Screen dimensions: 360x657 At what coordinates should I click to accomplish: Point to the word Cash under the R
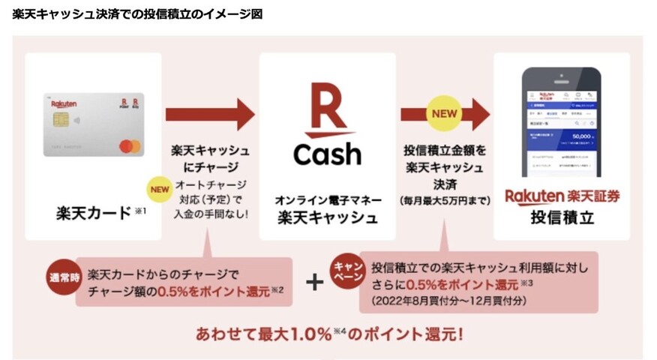(x=327, y=154)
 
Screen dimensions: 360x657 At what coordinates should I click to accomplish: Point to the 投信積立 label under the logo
(x=562, y=219)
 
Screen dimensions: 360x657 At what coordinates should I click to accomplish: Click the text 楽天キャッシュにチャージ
(x=211, y=159)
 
